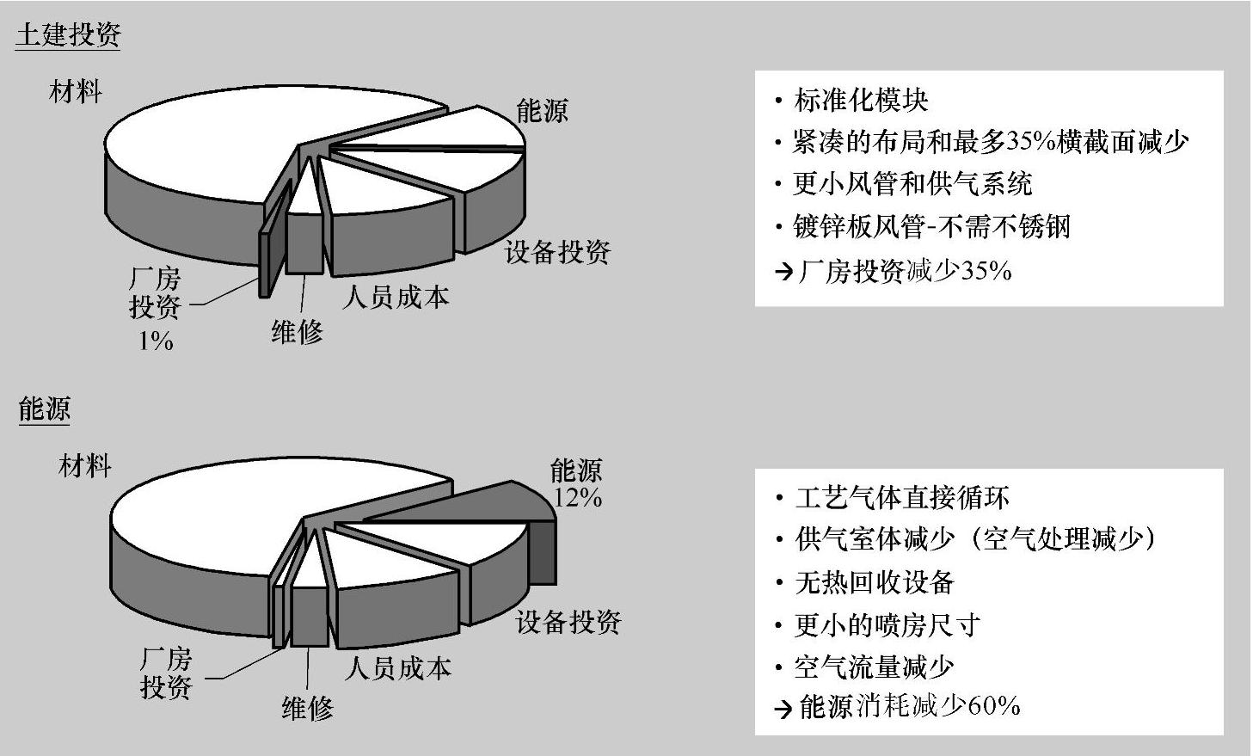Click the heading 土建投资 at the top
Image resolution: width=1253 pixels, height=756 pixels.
(68, 34)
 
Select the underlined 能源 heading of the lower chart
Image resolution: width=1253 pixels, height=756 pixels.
(44, 409)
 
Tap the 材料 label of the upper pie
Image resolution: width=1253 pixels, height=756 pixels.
(76, 90)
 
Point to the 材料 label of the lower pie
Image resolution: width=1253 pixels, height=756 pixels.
(84, 466)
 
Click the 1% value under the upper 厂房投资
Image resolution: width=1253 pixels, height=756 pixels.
(156, 341)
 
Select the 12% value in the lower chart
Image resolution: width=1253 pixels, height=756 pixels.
(577, 498)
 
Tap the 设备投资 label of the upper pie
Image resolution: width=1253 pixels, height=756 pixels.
(557, 252)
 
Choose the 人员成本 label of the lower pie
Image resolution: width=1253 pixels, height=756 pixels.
(397, 668)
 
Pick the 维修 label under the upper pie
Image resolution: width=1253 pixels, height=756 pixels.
(297, 331)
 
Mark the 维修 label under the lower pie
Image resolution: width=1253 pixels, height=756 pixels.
(307, 708)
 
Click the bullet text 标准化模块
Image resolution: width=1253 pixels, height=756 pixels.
(861, 101)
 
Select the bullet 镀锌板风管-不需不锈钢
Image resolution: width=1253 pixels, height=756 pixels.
(931, 226)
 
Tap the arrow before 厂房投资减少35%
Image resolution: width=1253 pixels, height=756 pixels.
(783, 273)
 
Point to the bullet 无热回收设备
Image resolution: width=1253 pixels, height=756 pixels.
(874, 582)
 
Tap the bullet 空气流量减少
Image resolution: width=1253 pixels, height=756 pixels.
(874, 667)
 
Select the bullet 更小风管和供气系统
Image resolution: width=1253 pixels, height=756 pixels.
(912, 184)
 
